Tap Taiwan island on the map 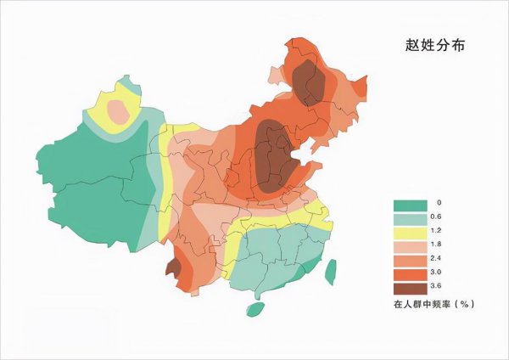[x=332, y=270]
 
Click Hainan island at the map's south [x=255, y=309]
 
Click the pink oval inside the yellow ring [x=121, y=109]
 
